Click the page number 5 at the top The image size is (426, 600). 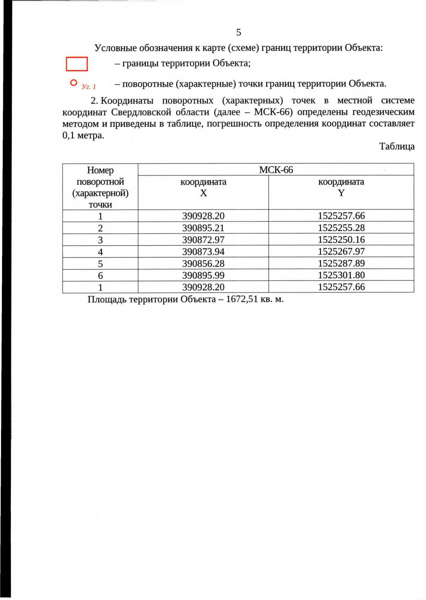point(239,32)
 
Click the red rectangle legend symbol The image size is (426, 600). point(77,64)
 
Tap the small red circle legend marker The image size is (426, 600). point(73,83)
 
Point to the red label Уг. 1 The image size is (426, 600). point(89,86)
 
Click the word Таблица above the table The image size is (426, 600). point(397,146)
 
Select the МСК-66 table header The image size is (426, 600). point(276,170)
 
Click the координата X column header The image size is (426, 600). point(203,187)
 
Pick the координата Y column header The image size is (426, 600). point(341,187)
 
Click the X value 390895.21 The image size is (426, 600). point(203,228)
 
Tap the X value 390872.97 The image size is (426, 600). point(203,240)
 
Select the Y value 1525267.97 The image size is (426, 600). point(341,251)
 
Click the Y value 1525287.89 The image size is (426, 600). point(341,263)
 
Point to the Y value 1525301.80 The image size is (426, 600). point(341,275)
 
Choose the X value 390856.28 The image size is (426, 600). point(203,263)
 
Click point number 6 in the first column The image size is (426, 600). point(100,276)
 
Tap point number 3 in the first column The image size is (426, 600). point(100,240)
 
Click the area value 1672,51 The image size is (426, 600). point(241,299)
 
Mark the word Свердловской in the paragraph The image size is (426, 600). point(141,112)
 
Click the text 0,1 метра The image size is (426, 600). point(83,135)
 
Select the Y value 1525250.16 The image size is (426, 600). point(341,240)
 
